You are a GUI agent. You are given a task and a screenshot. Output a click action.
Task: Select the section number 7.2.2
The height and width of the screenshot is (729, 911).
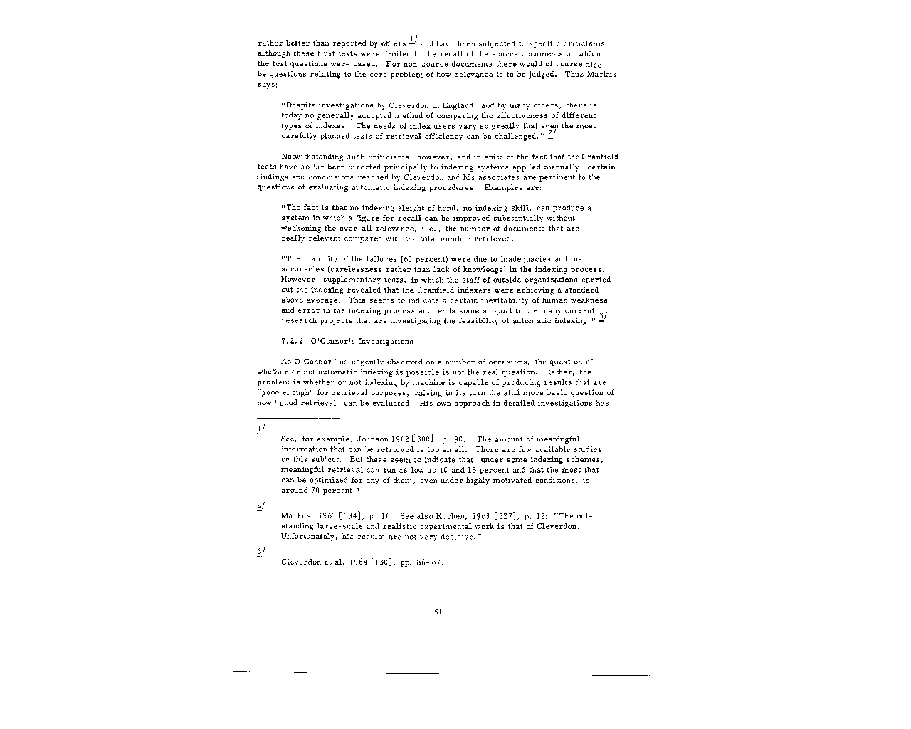292,342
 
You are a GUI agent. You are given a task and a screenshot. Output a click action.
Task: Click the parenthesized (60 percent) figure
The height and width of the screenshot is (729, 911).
423,259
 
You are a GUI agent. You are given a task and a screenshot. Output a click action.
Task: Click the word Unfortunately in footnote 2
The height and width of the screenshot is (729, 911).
308,536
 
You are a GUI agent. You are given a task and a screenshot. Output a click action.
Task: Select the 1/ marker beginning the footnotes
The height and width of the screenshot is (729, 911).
260,429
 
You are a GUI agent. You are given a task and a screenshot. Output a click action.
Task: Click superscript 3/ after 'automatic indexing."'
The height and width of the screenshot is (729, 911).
603,318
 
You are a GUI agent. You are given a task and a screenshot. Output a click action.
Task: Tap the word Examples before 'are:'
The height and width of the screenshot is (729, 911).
504,187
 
